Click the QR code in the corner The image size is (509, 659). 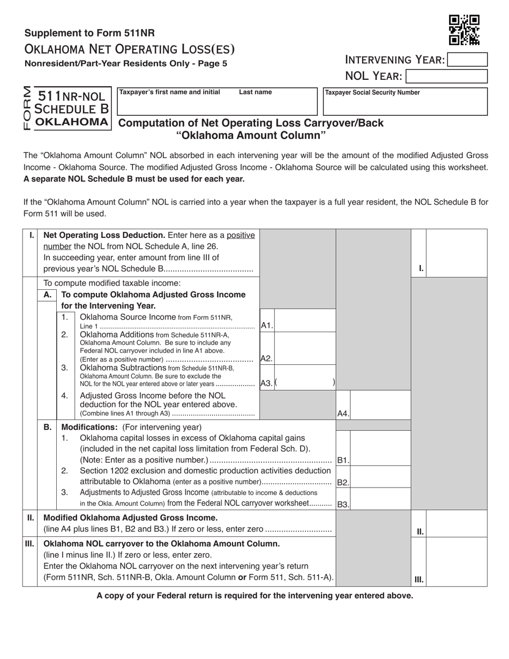(464, 30)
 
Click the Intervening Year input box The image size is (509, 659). (467, 59)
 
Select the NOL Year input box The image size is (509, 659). (447, 76)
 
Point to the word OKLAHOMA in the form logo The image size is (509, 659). (71, 122)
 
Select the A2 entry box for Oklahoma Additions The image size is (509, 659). (304, 353)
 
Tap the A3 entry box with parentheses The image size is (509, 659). (304, 383)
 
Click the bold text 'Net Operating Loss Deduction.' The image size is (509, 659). (104, 235)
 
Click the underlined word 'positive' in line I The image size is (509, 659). (241, 235)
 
